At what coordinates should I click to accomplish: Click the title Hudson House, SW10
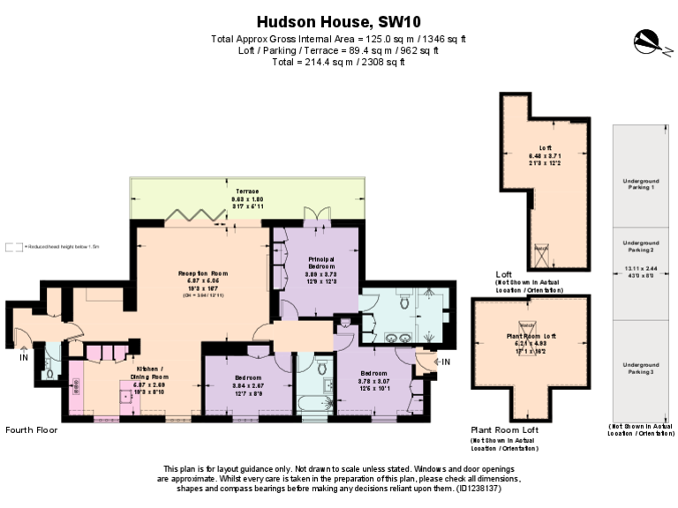338,21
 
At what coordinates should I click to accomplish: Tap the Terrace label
247,190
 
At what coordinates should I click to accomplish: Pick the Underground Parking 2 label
640,246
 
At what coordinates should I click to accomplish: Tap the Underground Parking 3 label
640,368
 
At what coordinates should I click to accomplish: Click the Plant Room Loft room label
531,336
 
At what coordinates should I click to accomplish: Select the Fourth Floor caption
31,430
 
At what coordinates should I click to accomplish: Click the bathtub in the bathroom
314,405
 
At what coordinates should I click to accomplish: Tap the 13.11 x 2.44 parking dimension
640,269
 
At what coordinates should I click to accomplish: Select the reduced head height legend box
11,247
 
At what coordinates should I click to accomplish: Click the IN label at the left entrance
24,357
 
